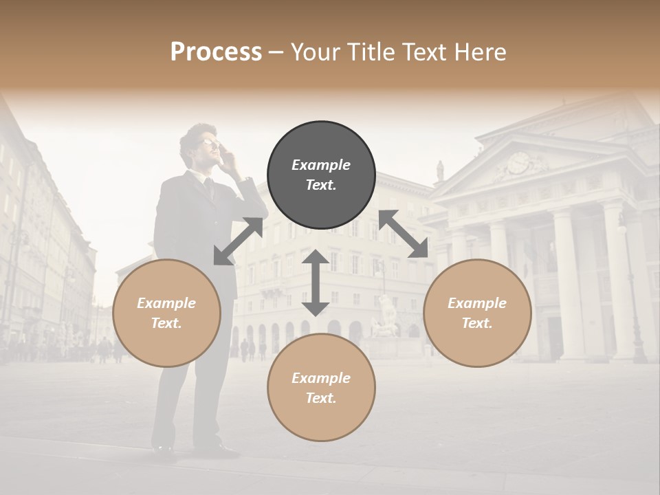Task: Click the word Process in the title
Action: tap(216, 52)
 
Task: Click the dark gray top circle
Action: tap(321, 175)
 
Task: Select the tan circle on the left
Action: tap(166, 313)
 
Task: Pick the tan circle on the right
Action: tap(477, 313)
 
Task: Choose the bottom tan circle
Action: tap(321, 388)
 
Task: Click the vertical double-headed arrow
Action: tap(316, 283)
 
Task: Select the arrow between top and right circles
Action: tap(404, 234)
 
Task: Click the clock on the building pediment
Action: tap(518, 163)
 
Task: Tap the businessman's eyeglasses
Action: tap(208, 142)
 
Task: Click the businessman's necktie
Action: tap(209, 188)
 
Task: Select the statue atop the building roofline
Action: tap(440, 170)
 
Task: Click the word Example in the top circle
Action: tap(321, 165)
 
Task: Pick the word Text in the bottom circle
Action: tap(319, 398)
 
